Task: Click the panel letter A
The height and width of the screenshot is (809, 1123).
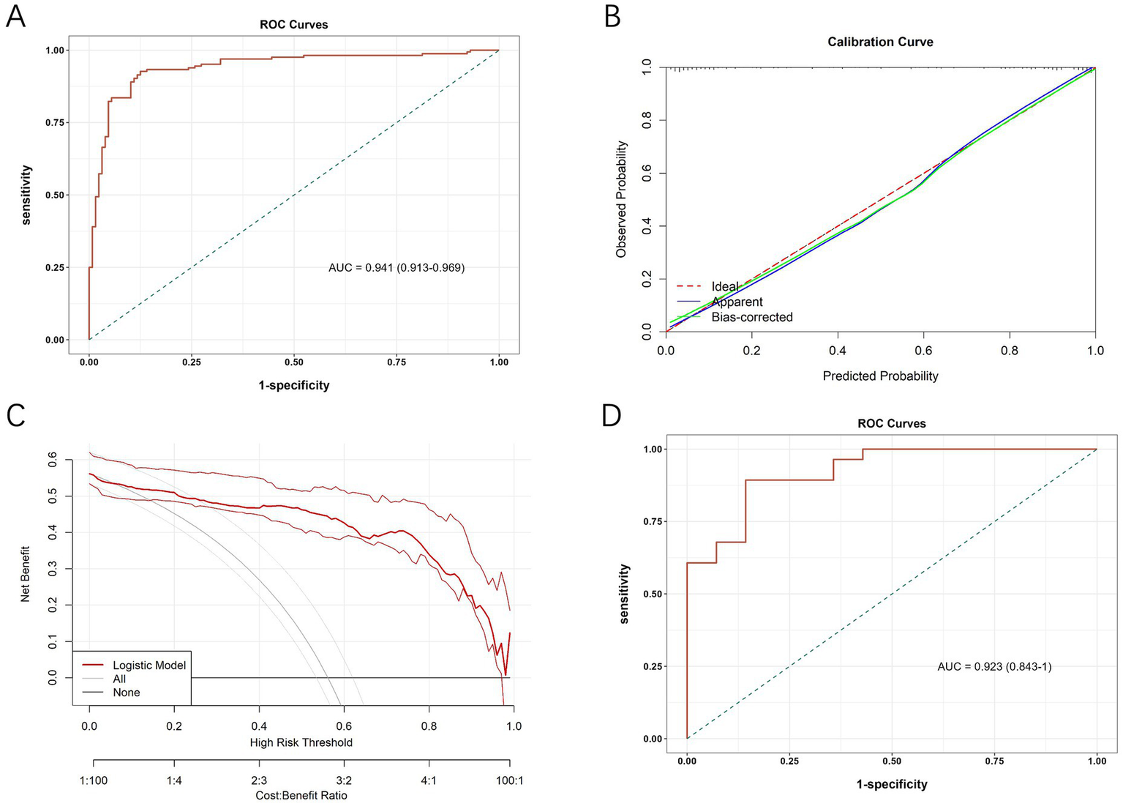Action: [15, 16]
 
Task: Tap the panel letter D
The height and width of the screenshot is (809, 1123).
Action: [612, 415]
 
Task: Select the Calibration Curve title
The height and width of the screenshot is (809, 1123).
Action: [880, 42]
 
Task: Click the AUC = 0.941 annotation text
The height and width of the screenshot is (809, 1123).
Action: [397, 267]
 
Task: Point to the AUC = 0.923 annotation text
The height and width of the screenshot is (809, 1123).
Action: [994, 666]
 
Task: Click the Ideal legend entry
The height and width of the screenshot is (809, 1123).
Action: [724, 286]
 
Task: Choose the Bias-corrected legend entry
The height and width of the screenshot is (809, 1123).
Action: [751, 317]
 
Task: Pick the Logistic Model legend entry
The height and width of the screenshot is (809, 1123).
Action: [149, 665]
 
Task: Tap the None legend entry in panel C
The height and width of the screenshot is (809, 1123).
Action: [126, 692]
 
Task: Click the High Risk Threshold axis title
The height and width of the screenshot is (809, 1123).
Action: [301, 742]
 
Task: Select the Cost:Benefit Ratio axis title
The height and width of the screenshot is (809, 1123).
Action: [301, 795]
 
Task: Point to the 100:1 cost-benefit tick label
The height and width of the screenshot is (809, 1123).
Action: [510, 780]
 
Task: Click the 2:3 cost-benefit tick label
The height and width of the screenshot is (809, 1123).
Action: [258, 780]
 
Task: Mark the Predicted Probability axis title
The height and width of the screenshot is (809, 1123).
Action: [880, 376]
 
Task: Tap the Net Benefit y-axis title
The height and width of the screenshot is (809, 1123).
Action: [26, 574]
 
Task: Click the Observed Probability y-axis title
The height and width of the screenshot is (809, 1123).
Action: [622, 199]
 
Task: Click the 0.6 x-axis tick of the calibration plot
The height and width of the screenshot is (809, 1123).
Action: [923, 351]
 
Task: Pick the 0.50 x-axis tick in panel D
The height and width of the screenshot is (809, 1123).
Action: [891, 761]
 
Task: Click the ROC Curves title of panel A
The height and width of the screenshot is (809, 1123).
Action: [293, 24]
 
